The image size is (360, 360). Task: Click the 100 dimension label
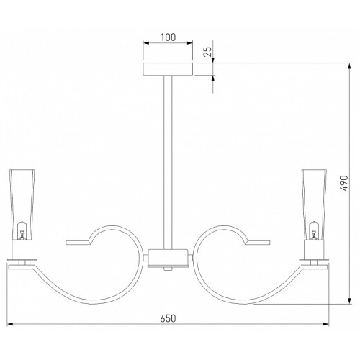pyautogui.click(x=168, y=37)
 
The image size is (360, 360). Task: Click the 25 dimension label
pyautogui.click(x=208, y=51)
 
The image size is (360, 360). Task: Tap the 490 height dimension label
pyautogui.click(x=343, y=183)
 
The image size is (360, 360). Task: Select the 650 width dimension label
pyautogui.click(x=168, y=318)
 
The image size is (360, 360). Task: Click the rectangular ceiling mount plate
pyautogui.click(x=168, y=69)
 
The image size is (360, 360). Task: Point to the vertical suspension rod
pyautogui.click(x=168, y=162)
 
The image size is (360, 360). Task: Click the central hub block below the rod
pyautogui.click(x=168, y=258)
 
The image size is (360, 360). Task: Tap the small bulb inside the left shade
pyautogui.click(x=22, y=230)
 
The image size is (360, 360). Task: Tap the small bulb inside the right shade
pyautogui.click(x=313, y=230)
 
